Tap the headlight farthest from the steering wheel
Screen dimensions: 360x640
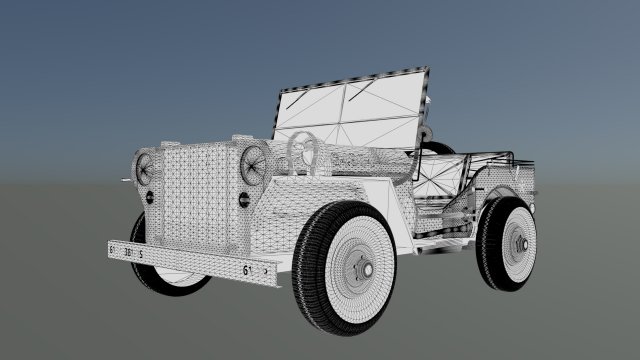pyautogui.click(x=147, y=167)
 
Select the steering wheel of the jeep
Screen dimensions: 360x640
pyautogui.click(x=305, y=151)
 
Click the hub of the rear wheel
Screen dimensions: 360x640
pyautogui.click(x=522, y=244)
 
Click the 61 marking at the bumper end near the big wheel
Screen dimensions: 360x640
pyautogui.click(x=246, y=269)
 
